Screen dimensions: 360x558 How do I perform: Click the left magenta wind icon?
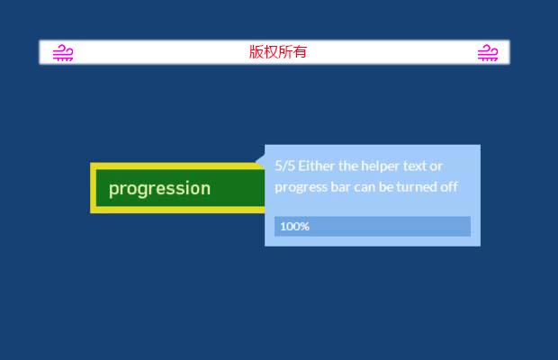coord(63,53)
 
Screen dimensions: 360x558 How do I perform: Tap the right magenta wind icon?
coord(487,53)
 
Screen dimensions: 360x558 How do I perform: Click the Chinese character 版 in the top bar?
coord(256,52)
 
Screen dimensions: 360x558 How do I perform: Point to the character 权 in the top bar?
coord(271,52)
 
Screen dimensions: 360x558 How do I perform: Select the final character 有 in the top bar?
coord(300,52)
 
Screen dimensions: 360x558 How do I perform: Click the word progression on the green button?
coord(159,188)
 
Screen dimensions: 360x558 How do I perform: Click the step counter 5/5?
coord(284,166)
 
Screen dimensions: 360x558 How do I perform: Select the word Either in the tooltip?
coord(317,166)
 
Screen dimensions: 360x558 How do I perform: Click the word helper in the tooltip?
coord(383,166)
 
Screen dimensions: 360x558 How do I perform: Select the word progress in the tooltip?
coord(300,187)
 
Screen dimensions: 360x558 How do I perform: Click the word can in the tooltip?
coord(366,187)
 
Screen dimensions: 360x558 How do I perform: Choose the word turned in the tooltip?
coord(419,187)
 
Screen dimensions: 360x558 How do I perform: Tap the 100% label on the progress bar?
coord(294,226)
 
